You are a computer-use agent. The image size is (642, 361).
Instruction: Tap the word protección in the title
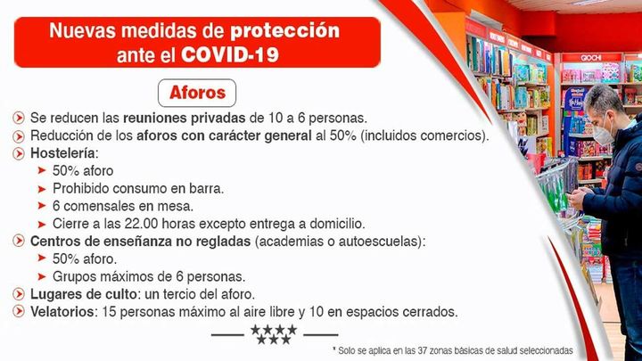click(x=285, y=30)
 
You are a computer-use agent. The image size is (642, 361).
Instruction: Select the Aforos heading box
click(x=197, y=92)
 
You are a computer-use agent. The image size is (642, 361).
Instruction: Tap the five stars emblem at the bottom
click(x=274, y=334)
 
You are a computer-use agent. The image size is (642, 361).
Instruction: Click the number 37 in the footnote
click(x=424, y=350)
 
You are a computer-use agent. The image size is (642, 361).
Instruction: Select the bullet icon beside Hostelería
click(x=19, y=152)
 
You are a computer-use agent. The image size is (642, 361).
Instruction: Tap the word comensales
click(x=101, y=205)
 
